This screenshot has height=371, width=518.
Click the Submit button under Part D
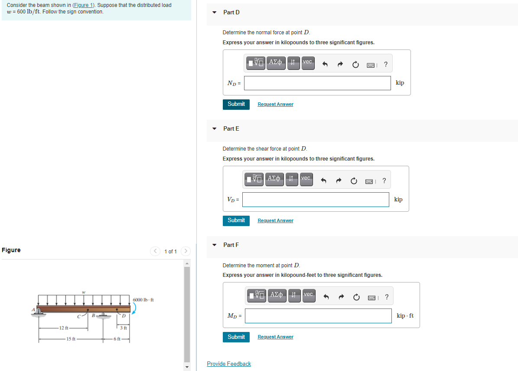[x=236, y=104]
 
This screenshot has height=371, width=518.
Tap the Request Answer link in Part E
[x=275, y=220]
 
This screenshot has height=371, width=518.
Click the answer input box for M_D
[x=318, y=316]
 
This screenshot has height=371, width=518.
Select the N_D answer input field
[x=317, y=83]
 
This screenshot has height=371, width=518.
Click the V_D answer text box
[x=316, y=200]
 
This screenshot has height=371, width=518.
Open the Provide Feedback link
[x=229, y=364]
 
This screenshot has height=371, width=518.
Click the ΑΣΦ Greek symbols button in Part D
[x=275, y=62]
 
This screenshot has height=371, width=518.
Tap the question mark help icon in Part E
[x=384, y=181]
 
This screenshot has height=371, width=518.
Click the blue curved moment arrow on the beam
[x=134, y=308]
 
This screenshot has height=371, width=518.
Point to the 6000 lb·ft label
[x=143, y=300]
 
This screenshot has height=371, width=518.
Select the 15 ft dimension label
[x=71, y=339]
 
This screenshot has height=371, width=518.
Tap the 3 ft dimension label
[x=124, y=328]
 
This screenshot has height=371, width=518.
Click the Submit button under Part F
[x=236, y=337]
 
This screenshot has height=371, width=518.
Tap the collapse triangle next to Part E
[x=214, y=128]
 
